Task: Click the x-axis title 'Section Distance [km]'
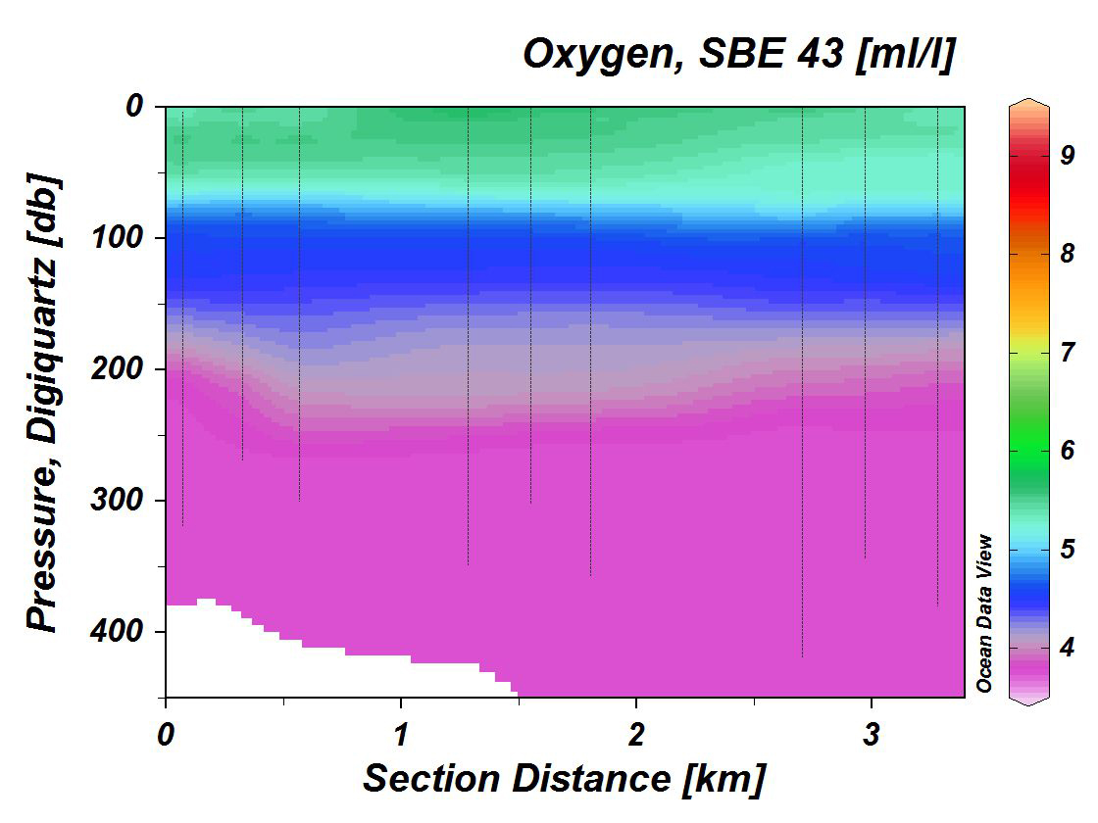pyautogui.click(x=563, y=780)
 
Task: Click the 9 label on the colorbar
pyautogui.click(x=1068, y=155)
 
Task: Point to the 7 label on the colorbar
pyautogui.click(x=1068, y=351)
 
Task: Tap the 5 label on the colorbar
pyautogui.click(x=1068, y=548)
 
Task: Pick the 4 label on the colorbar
pyautogui.click(x=1068, y=647)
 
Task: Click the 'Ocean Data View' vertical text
pyautogui.click(x=985, y=613)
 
